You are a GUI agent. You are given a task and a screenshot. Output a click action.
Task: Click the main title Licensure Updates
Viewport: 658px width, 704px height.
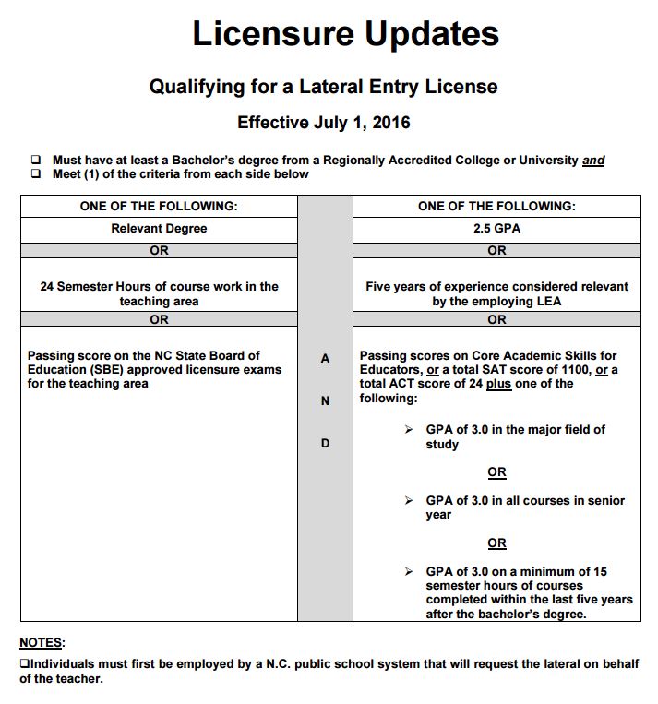tap(345, 34)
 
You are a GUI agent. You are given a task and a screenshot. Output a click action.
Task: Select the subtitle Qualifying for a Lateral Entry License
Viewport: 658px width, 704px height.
tap(323, 87)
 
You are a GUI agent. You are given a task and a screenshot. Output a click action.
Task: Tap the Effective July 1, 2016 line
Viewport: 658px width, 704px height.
tap(323, 122)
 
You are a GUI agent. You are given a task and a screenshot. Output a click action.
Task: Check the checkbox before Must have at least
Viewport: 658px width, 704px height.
tap(36, 160)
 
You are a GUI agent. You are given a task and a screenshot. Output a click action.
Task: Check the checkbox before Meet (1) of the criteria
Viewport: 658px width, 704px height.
tap(36, 173)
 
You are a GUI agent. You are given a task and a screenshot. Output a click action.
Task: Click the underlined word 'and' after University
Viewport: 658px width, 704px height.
tap(593, 161)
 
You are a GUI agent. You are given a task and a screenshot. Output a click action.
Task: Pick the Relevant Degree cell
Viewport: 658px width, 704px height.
tap(159, 228)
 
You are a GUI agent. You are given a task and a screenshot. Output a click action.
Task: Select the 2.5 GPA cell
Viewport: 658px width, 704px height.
tap(496, 228)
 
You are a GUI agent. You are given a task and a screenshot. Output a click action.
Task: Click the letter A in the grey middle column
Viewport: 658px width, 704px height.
tap(325, 359)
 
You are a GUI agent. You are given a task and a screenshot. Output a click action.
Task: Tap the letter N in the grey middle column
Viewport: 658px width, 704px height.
tap(325, 400)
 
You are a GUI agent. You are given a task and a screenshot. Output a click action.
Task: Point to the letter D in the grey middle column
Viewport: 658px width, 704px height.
tap(325, 443)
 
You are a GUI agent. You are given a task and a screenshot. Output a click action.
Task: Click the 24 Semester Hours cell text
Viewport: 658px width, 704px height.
tap(159, 293)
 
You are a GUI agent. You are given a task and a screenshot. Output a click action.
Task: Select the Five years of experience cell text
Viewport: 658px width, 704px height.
tap(496, 293)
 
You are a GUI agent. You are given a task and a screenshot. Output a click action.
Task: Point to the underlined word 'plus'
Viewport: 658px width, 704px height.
tap(498, 384)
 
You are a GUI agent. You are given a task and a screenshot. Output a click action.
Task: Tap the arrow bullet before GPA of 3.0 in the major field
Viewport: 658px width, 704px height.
tap(409, 430)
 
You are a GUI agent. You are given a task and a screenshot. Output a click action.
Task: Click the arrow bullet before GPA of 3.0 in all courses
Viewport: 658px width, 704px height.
tap(409, 501)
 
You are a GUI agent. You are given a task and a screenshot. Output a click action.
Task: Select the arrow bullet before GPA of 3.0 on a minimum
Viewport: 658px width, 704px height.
tap(409, 572)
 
